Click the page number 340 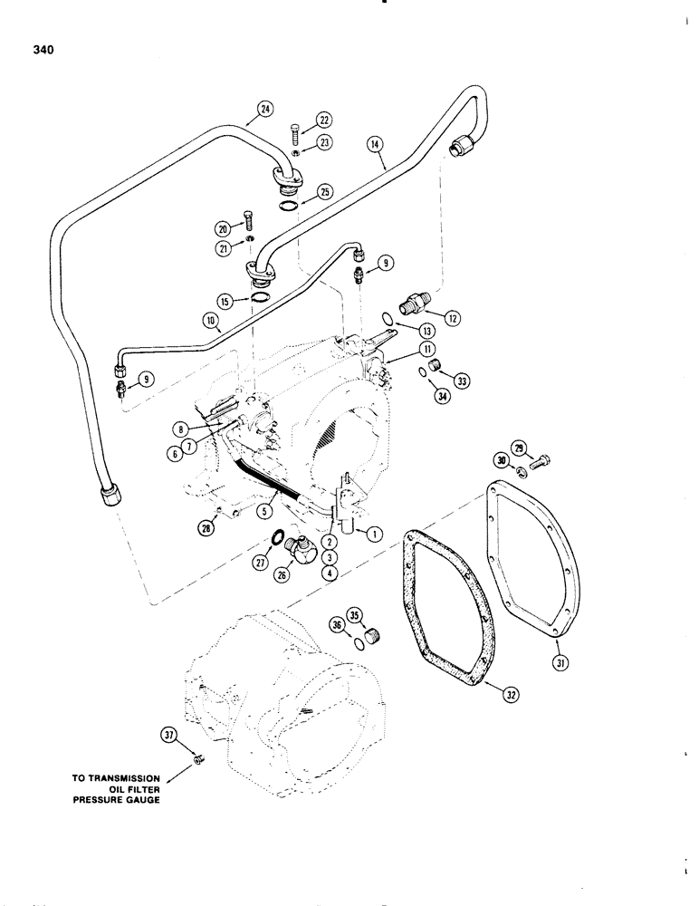pos(39,51)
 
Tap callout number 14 pos(375,143)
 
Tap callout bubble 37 pos(169,735)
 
